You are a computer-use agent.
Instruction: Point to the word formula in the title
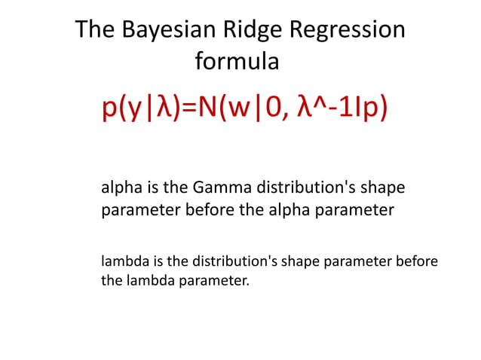tap(237, 61)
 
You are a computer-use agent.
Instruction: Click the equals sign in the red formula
tap(187, 108)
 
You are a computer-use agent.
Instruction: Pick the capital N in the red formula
tap(207, 107)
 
